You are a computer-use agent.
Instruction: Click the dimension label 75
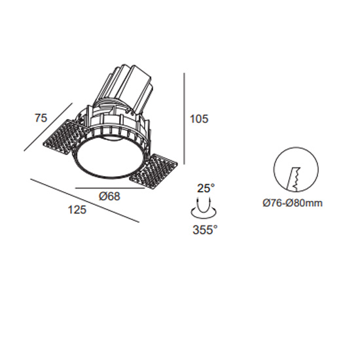click(x=41, y=118)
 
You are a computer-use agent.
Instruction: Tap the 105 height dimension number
click(x=199, y=119)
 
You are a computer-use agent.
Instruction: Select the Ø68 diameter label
click(x=109, y=196)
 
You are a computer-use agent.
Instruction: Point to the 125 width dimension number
click(x=77, y=210)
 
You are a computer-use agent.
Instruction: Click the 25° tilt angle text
click(x=206, y=188)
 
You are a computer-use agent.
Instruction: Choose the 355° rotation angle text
click(x=205, y=230)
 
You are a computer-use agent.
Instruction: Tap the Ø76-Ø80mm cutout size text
click(x=293, y=203)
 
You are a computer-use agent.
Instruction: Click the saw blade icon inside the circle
click(x=294, y=179)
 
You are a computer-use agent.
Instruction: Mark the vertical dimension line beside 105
click(x=184, y=118)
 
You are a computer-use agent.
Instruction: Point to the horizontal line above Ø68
click(x=110, y=188)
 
